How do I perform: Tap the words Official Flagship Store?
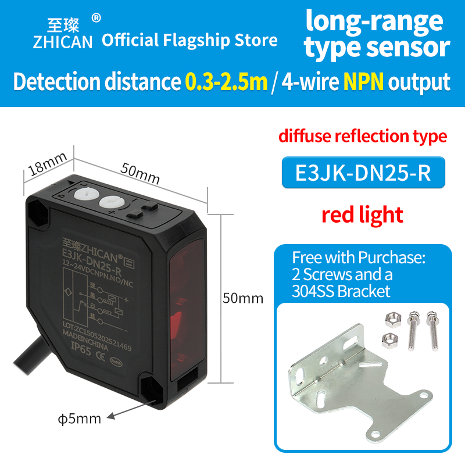tap(189, 40)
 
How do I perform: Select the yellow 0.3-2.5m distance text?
tap(226, 81)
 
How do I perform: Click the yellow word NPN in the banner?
tap(363, 81)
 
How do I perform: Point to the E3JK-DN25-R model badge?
tap(363, 173)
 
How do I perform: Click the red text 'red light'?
tap(362, 214)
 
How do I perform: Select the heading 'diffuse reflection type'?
tap(363, 137)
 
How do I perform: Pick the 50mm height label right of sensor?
tap(243, 299)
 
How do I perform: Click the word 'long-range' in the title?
tap(374, 22)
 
